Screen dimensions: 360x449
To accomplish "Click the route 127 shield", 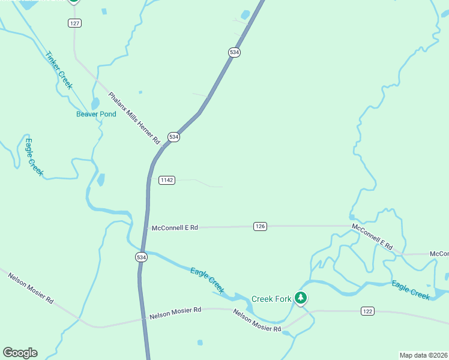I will pos(74,23).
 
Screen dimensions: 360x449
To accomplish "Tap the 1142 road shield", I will pos(167,180).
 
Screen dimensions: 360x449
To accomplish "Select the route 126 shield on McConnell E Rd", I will pos(260,226).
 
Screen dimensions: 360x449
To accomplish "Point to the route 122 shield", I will pos(368,311).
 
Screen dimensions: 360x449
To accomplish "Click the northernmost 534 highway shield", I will pos(234,52).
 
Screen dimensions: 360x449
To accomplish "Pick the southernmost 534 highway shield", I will pos(140,257).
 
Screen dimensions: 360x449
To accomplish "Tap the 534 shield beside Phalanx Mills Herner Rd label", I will pos(173,137).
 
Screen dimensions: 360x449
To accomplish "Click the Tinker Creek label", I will pos(59,70).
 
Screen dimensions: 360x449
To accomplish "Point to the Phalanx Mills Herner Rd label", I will pos(134,118).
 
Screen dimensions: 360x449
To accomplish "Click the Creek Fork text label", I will pos(271,298).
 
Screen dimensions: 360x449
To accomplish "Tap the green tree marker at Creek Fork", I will pos(300,297).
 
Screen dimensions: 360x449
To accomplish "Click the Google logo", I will pos(20,352).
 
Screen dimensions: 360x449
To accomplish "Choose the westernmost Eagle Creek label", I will pos(34,157).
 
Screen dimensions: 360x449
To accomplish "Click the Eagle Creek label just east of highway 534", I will pos(208,280).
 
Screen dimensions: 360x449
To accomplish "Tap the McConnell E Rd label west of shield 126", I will pos(175,228).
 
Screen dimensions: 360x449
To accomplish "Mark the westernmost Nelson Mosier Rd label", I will pos(31,287).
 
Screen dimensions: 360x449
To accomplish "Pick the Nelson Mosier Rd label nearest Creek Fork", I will pos(257,321).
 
